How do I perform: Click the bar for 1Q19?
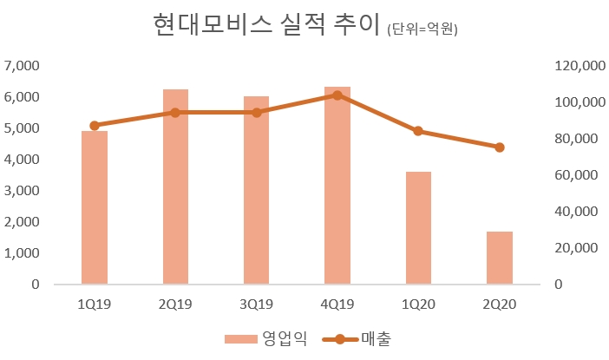coord(94,207)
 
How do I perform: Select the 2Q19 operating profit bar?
coord(175,187)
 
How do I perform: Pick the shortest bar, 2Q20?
coord(499,258)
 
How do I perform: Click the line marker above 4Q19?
coord(337,95)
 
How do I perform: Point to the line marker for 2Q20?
coord(499,147)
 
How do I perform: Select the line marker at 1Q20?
coord(418,131)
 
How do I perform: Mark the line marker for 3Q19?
coord(256,112)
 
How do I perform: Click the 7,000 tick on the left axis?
coord(23,66)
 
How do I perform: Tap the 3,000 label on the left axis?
coord(23,191)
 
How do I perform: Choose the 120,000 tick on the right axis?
coord(578,66)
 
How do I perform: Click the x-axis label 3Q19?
coord(256,304)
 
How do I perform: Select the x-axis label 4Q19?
coord(337,304)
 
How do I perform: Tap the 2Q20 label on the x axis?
coord(499,304)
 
